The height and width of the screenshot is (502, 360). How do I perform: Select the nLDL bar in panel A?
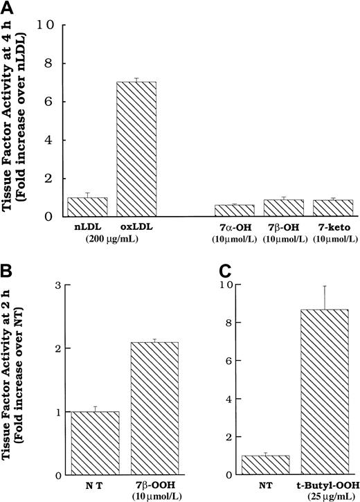(x=87, y=207)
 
